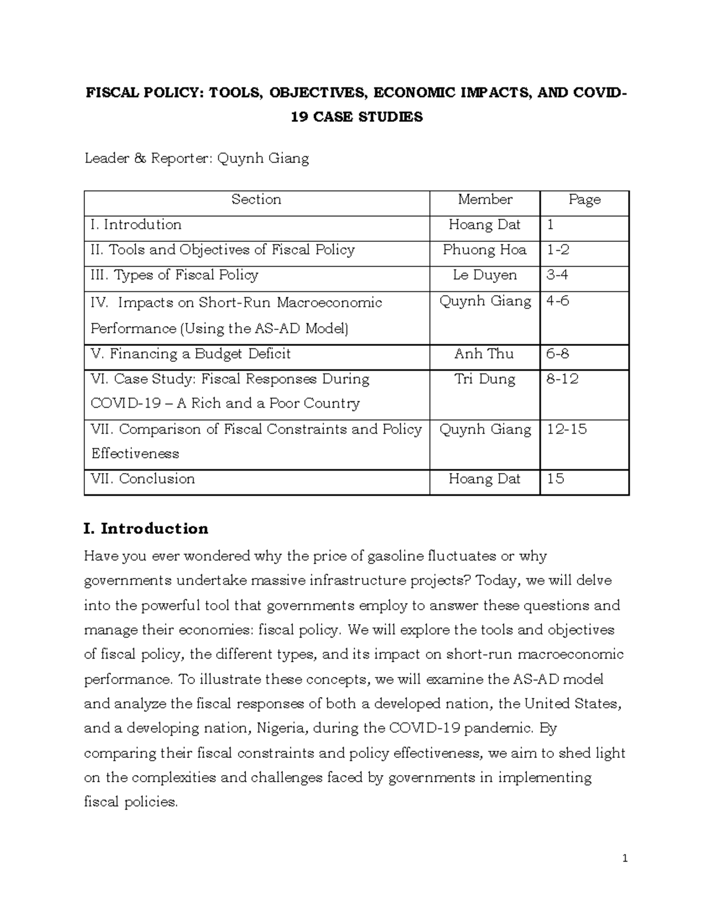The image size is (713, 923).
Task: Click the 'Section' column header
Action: point(256,200)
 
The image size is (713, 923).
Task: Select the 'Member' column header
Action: point(485,200)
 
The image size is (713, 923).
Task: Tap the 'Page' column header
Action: point(584,200)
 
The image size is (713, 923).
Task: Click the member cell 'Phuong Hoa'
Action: point(485,250)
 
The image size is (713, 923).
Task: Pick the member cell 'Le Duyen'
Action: point(485,275)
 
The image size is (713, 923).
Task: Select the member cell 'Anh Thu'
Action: point(484,354)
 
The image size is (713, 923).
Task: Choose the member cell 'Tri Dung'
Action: point(485,379)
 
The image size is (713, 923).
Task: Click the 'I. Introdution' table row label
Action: point(136,225)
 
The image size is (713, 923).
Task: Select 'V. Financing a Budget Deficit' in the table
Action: point(191,354)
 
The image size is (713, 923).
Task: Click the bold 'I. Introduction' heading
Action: point(146,528)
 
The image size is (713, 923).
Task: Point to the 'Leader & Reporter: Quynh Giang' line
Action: point(197,159)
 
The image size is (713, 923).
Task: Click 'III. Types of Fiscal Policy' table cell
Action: point(174,275)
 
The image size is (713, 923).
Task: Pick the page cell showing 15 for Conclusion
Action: point(555,479)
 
